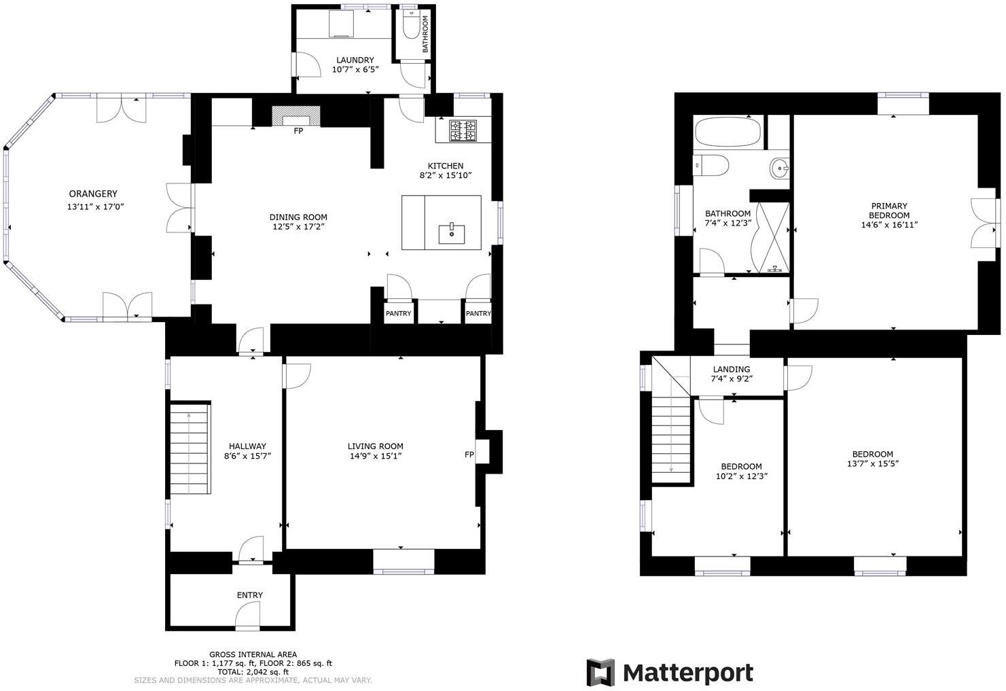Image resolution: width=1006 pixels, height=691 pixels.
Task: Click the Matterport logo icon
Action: tap(600, 673)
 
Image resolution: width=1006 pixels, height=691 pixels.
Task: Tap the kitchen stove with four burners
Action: tap(463, 131)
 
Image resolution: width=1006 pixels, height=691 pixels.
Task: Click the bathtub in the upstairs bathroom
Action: tap(727, 132)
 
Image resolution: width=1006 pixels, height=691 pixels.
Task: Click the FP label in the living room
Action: tap(469, 455)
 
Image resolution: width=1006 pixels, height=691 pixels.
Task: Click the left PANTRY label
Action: tap(398, 314)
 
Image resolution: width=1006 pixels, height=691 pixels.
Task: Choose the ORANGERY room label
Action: tap(93, 194)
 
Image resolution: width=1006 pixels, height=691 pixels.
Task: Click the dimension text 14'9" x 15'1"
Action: tap(376, 457)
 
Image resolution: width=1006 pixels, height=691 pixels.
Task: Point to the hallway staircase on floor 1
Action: tap(190, 448)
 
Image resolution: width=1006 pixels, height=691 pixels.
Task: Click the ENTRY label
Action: tap(249, 595)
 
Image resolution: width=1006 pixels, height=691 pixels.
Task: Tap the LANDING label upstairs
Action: tap(732, 370)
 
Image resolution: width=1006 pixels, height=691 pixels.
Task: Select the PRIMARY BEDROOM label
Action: tap(889, 211)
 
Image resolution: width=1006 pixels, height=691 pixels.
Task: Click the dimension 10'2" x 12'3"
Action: tap(741, 476)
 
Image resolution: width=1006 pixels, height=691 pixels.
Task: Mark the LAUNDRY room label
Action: tap(355, 60)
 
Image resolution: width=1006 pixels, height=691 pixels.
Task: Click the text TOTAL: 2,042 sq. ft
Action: tap(253, 672)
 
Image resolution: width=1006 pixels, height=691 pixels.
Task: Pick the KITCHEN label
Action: tap(445, 166)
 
